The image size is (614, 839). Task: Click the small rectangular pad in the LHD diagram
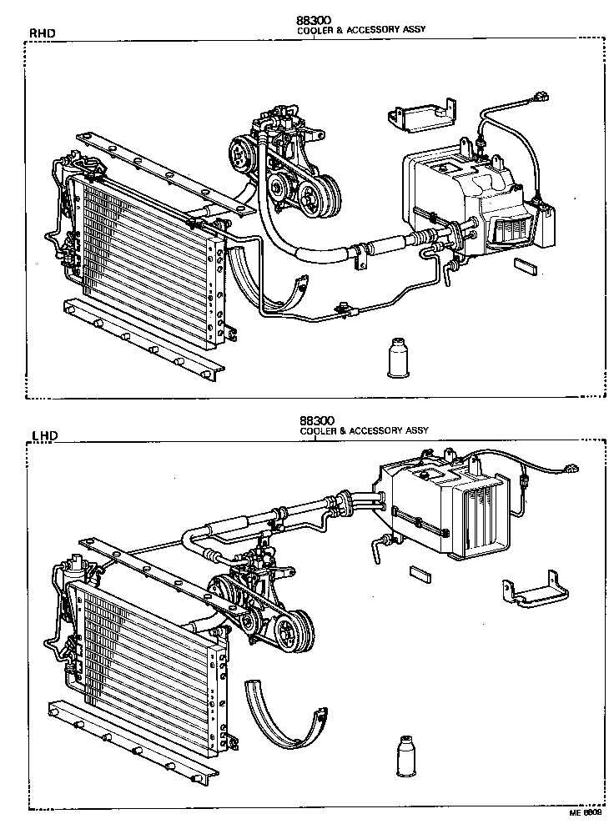(419, 573)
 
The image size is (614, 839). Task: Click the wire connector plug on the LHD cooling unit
(571, 470)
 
